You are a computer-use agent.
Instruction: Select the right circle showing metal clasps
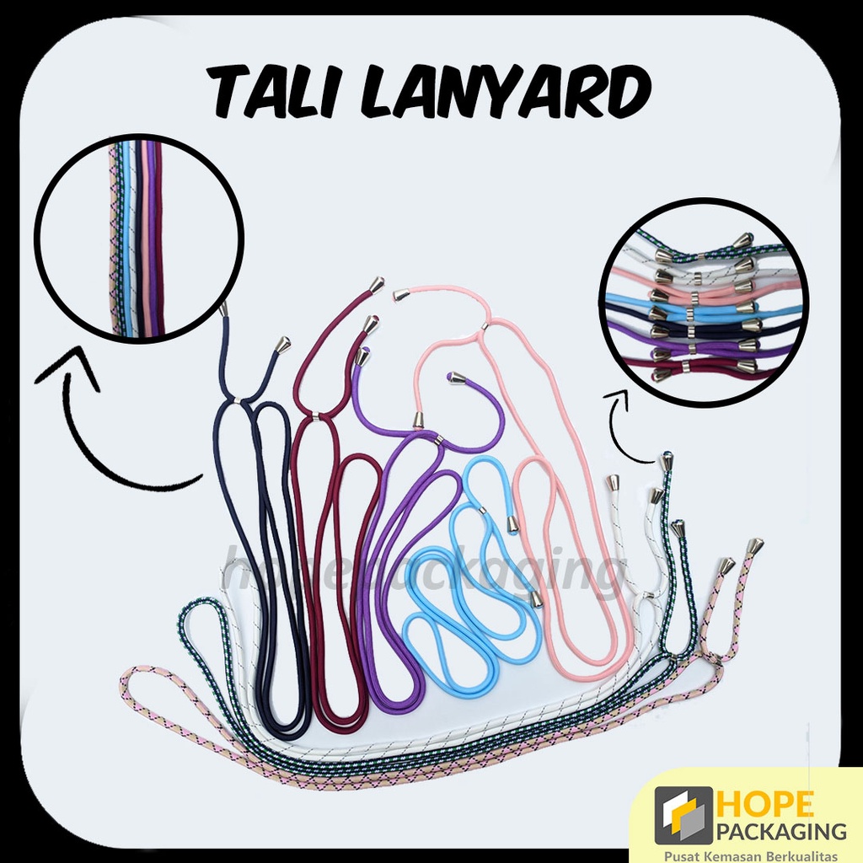704,303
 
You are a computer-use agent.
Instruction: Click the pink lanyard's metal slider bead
485,325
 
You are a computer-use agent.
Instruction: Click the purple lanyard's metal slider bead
438,439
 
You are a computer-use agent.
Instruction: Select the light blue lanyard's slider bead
482,510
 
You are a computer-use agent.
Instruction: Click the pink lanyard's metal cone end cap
400,295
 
